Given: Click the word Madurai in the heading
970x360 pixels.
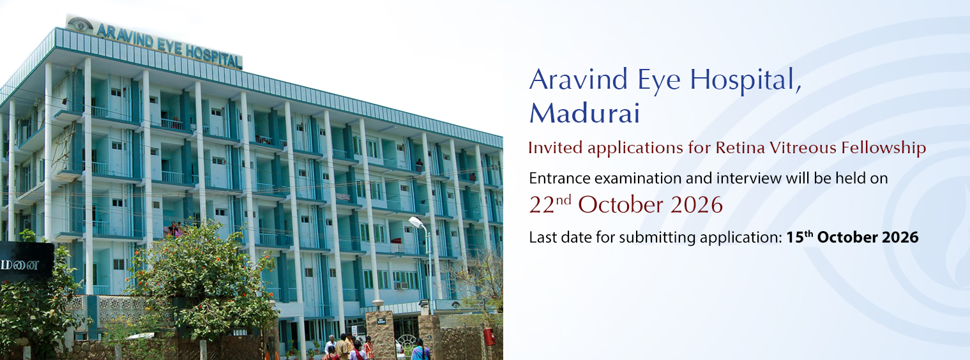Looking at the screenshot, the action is tap(584, 114).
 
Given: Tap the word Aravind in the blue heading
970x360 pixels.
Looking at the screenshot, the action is tap(579, 80).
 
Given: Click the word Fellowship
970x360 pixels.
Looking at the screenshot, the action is tap(883, 148).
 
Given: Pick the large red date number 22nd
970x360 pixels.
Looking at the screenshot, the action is tap(550, 204).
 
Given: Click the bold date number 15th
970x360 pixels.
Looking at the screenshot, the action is tap(799, 237).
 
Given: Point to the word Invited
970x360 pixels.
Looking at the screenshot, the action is tap(555, 148).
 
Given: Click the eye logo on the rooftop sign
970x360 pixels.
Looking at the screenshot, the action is tap(80, 24).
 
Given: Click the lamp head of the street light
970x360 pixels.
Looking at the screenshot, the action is tap(416, 222).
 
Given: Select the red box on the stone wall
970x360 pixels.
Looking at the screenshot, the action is tap(489, 336).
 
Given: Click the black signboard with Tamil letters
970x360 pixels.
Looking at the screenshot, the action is tap(26, 262).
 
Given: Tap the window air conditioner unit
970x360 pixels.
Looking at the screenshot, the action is tap(401, 285).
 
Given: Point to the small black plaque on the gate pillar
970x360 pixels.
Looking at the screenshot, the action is tap(381, 321).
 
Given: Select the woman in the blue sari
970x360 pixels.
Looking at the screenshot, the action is tap(419, 350).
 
